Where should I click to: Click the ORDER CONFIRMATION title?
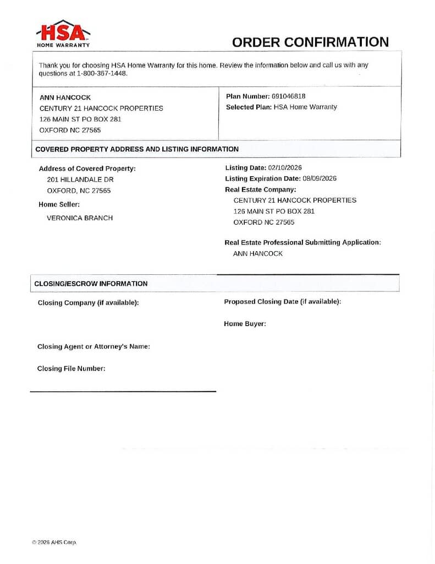click(310, 42)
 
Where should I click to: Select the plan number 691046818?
click(289, 96)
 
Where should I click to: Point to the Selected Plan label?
click(249, 107)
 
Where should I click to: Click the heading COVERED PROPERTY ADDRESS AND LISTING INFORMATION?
click(137, 149)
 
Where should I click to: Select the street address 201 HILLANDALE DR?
click(80, 180)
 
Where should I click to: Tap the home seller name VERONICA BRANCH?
click(80, 218)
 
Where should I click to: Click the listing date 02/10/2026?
click(285, 167)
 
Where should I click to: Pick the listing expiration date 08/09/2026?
click(320, 178)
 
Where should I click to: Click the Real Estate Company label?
click(261, 189)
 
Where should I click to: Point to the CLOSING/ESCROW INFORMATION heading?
click(91, 284)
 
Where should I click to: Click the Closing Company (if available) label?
click(88, 302)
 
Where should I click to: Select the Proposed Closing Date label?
click(283, 301)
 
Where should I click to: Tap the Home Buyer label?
click(245, 324)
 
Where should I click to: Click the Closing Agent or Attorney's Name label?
click(93, 346)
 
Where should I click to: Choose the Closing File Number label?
click(71, 368)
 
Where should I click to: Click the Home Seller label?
click(59, 204)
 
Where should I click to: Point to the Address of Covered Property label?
click(87, 169)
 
